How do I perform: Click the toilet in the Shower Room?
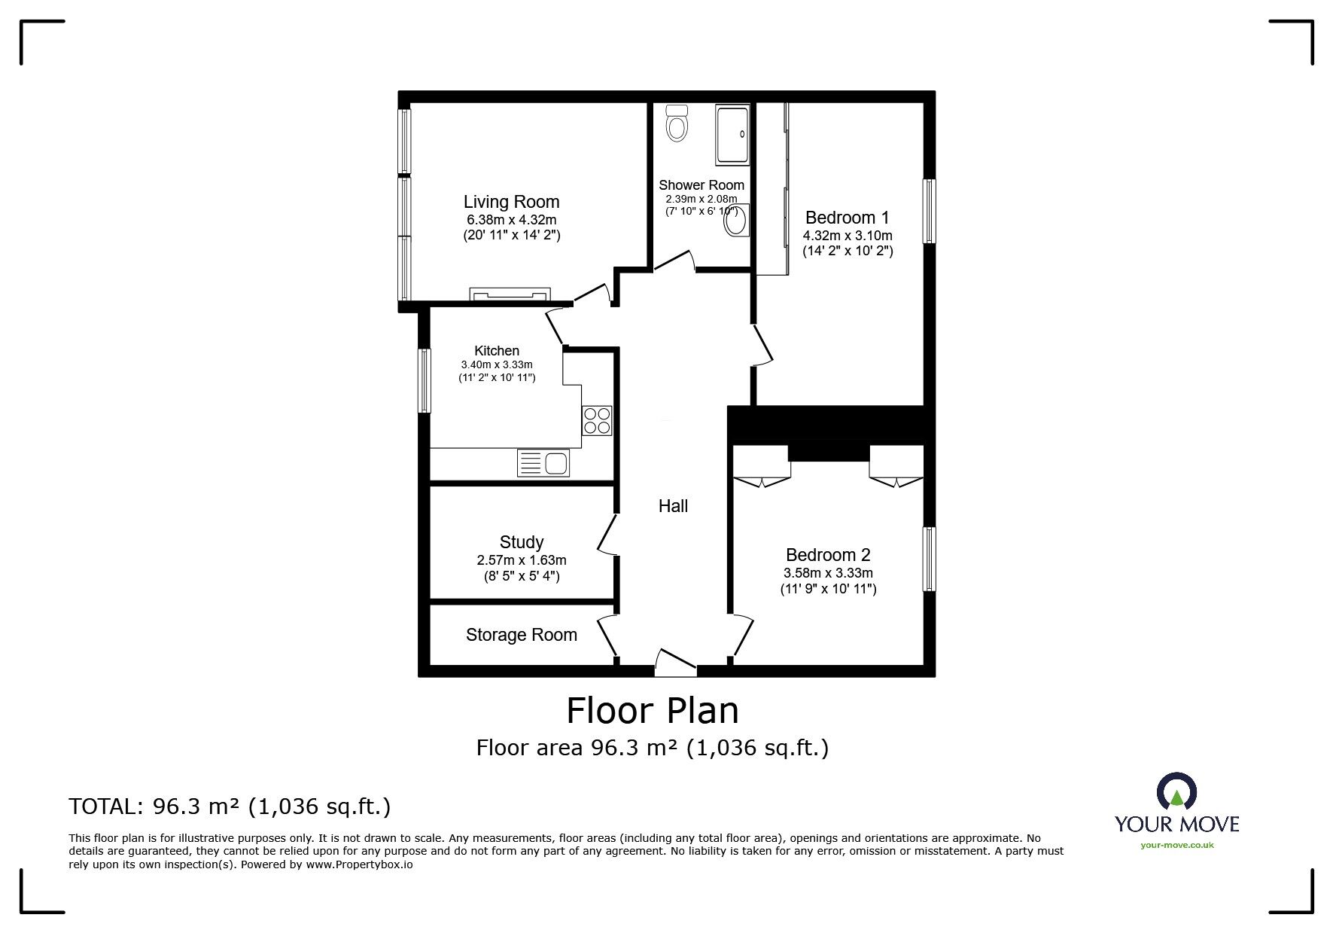tap(677, 124)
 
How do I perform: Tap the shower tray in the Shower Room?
tap(732, 134)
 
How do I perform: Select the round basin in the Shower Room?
tap(735, 221)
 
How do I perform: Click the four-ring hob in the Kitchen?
tap(597, 420)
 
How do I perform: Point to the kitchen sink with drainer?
tap(543, 462)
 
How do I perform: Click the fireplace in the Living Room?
tap(510, 294)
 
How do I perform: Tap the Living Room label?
tap(511, 202)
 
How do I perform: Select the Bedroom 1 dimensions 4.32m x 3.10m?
tap(847, 235)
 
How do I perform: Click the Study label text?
tap(521, 542)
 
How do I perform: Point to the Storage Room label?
tap(521, 635)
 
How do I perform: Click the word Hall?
tap(673, 506)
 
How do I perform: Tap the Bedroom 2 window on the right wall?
tap(930, 559)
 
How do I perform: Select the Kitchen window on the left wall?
tap(425, 380)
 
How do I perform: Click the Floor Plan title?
tap(652, 710)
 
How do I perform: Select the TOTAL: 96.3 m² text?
tap(230, 806)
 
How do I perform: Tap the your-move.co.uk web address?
tap(1176, 845)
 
